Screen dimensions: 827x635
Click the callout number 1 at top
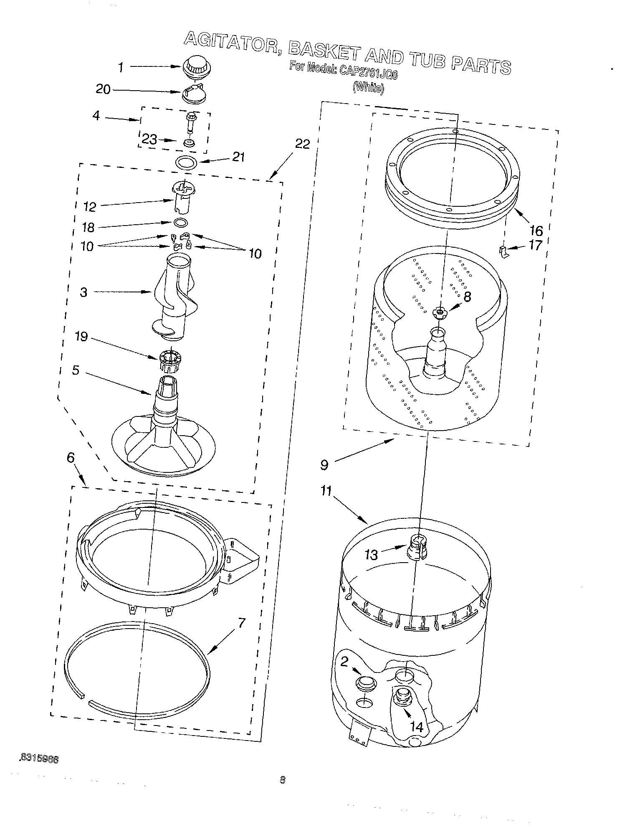121,67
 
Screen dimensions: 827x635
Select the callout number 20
103,89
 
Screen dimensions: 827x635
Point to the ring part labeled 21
185,162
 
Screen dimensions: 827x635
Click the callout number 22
303,144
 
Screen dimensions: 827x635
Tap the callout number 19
81,336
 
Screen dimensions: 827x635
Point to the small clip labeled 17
504,251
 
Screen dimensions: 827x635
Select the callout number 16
536,230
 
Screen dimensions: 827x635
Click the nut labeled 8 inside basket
439,312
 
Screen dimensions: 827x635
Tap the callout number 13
371,554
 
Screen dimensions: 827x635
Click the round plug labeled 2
365,683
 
